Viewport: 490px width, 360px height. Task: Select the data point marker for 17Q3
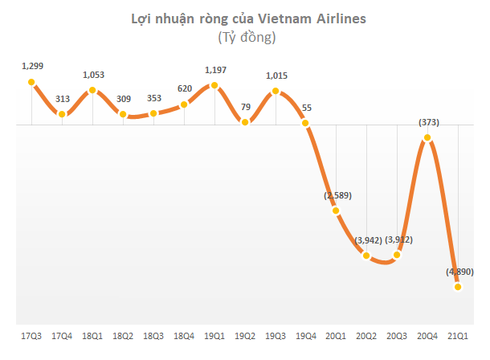click(x=31, y=82)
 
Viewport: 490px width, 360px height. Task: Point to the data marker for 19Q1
click(x=214, y=85)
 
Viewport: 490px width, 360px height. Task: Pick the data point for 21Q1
click(x=458, y=287)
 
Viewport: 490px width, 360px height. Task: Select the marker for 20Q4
click(x=427, y=138)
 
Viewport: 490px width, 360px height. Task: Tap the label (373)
click(x=428, y=122)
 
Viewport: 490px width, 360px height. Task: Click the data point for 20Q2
click(x=367, y=256)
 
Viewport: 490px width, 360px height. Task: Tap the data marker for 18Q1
click(x=93, y=90)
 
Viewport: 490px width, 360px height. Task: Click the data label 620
click(x=185, y=88)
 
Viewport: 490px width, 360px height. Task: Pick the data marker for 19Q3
click(x=276, y=92)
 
